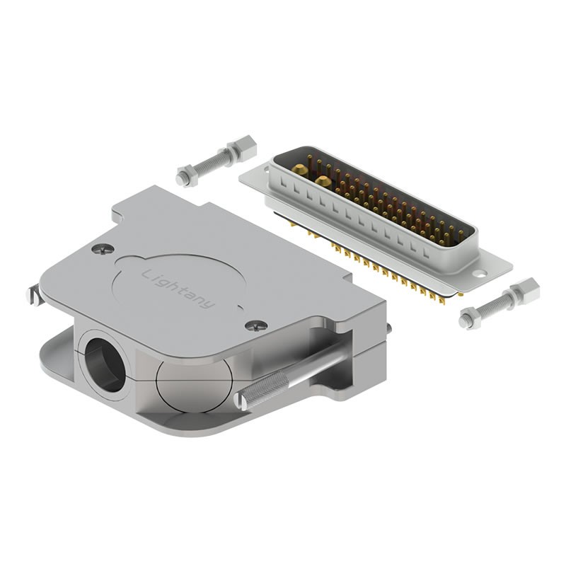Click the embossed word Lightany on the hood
pos(178,288)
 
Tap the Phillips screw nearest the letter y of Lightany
pos(258,325)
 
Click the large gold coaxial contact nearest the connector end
pos(301,170)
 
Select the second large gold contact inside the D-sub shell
pos(323,182)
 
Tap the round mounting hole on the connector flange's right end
pos(480,272)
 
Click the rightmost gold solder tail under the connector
pos(442,301)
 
